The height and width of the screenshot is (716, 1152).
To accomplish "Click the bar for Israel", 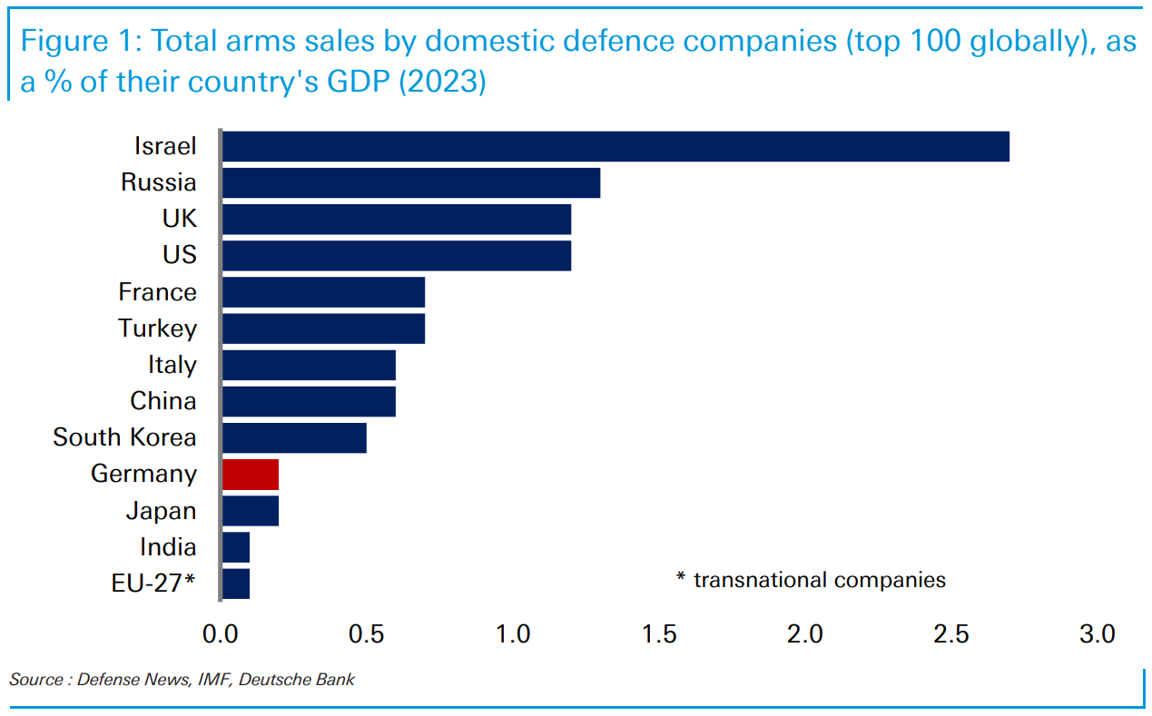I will pos(615,146).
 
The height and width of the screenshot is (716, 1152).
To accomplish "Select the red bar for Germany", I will pos(251,474).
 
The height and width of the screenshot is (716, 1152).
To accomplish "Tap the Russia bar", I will pos(411,182).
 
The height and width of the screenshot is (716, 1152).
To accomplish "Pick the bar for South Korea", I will pos(294,437).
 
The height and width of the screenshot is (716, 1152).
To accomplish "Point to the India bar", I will pos(236,547).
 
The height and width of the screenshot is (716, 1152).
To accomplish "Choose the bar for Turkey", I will pos(323,329).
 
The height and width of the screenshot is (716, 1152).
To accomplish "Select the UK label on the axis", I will pos(178,219).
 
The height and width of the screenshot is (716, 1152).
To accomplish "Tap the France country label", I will pos(157,292).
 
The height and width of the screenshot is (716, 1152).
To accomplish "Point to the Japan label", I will pos(161,511).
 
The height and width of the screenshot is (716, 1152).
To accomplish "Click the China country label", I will pos(163,401).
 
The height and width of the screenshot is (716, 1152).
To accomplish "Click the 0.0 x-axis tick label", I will pos(222,633).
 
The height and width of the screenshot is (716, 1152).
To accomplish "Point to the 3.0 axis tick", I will pos(1097,633).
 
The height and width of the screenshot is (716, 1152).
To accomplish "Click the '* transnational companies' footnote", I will pos(811,579).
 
